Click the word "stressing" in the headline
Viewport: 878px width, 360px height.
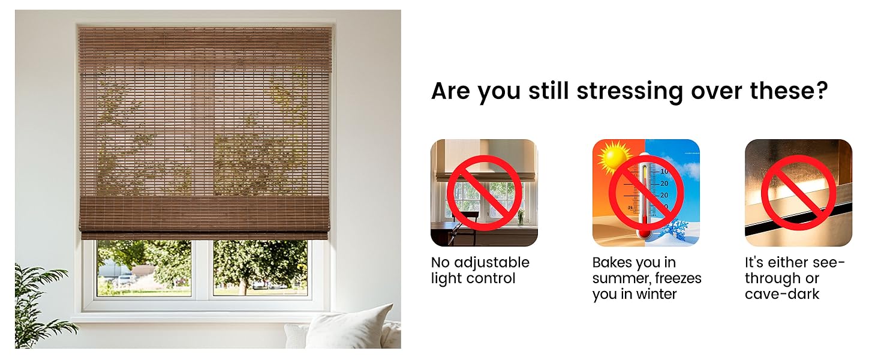[x=629, y=91]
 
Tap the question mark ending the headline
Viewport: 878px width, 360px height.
[x=821, y=91]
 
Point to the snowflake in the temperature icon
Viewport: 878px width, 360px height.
[x=676, y=231]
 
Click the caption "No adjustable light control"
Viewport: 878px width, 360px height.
[x=480, y=271]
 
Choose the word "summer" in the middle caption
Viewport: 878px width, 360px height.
[x=621, y=278]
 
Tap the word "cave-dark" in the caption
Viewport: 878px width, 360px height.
[x=782, y=294]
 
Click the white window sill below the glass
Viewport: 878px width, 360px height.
[x=204, y=316]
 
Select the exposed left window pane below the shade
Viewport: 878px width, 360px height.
[x=144, y=268]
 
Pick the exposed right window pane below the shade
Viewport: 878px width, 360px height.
[x=260, y=268]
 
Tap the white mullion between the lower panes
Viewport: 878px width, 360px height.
[x=202, y=268]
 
